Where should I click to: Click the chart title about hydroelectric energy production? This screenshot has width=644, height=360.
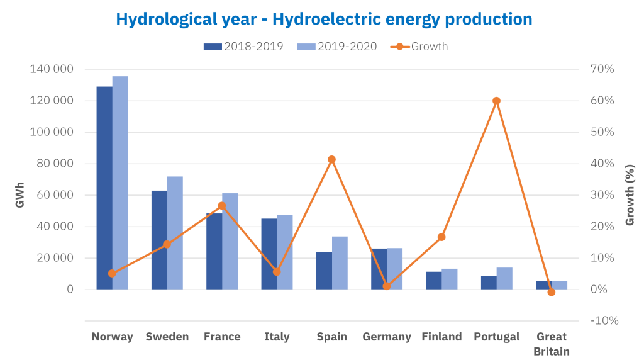[324, 19]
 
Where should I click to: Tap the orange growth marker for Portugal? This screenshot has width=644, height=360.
[496, 101]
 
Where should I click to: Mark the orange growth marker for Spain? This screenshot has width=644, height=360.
[332, 159]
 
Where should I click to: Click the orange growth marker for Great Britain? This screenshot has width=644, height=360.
[552, 292]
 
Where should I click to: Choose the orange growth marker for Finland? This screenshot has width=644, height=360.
[441, 237]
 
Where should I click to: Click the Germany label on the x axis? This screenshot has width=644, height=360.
[387, 337]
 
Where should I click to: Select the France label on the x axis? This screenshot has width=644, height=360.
[222, 337]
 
